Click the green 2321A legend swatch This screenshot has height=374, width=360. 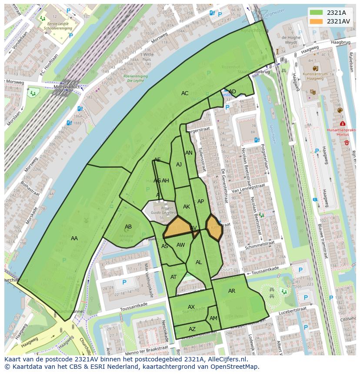[x=317, y=13]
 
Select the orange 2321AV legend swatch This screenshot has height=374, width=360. [x=317, y=21]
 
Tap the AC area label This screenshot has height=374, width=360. [x=185, y=93]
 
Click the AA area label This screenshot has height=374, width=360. [x=74, y=238]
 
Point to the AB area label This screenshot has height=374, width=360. [x=128, y=227]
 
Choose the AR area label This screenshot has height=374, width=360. [x=232, y=291]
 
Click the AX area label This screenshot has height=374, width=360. [x=191, y=307]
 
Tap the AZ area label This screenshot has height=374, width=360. [x=192, y=329]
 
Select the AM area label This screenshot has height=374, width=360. [x=213, y=318]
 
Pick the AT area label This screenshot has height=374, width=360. [x=173, y=277]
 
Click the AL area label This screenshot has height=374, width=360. [x=199, y=262]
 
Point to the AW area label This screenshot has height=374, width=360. [x=181, y=245]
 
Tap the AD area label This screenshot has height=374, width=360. [x=233, y=92]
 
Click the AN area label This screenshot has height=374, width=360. [x=189, y=153]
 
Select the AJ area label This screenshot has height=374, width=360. [x=179, y=165]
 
